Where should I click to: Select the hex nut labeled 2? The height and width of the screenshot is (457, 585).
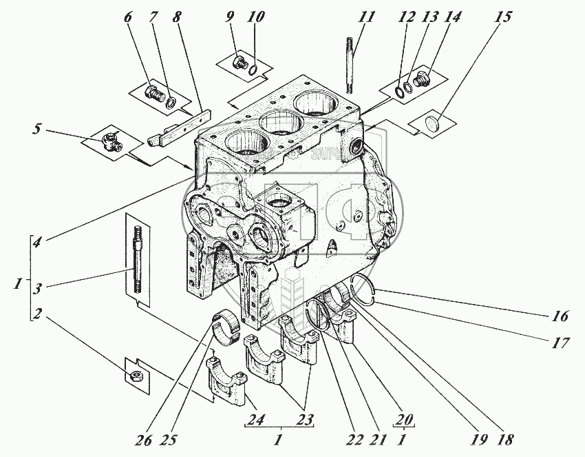pyautogui.click(x=137, y=376)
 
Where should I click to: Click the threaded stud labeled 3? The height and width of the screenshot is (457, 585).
pyautogui.click(x=136, y=261)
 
